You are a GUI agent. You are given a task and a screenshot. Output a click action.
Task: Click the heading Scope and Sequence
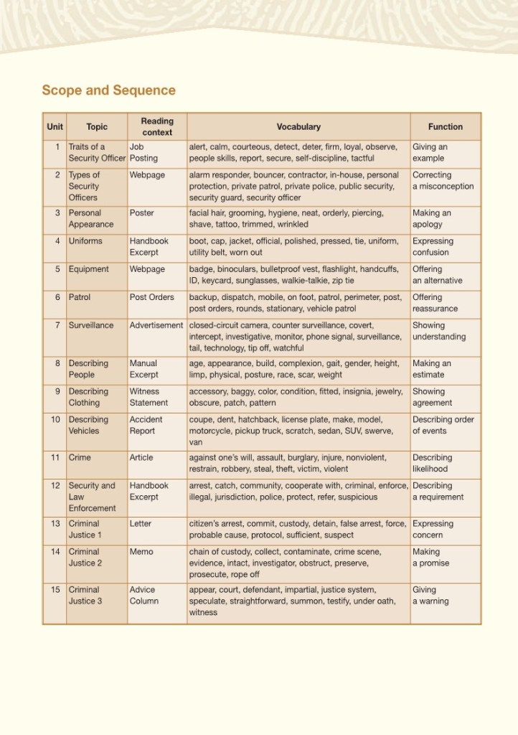click(108, 90)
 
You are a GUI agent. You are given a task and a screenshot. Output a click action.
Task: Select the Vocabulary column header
click(298, 127)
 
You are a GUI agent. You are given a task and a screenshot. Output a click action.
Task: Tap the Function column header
click(445, 127)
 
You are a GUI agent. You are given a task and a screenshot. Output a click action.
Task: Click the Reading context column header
click(157, 127)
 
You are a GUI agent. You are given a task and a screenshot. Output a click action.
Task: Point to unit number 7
click(57, 325)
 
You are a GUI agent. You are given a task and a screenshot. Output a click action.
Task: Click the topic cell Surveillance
click(91, 325)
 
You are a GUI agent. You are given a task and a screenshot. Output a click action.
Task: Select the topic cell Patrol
click(80, 297)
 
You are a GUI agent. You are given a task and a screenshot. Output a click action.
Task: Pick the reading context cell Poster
click(142, 213)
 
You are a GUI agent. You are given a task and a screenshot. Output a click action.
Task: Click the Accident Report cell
click(146, 425)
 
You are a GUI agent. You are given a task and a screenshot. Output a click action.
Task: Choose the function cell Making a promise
click(426, 558)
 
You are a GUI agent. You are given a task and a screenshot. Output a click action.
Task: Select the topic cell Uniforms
click(85, 241)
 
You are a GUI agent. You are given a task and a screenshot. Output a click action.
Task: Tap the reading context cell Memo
click(141, 552)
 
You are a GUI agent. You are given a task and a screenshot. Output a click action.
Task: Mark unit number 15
click(55, 590)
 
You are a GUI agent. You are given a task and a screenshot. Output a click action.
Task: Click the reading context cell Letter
click(141, 524)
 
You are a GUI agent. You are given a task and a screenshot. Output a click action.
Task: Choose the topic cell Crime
click(80, 458)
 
